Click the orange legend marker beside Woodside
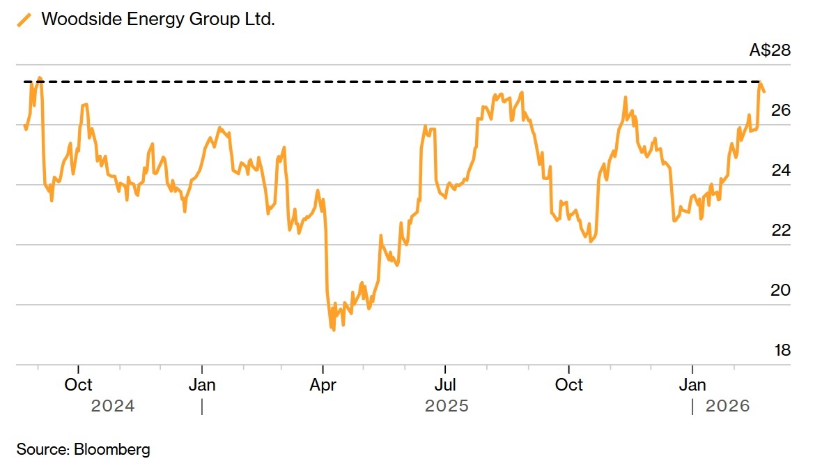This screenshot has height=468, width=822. click(24, 20)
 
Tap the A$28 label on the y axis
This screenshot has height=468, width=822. click(770, 50)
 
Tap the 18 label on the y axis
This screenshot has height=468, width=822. click(782, 350)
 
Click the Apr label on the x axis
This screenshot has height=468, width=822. click(323, 385)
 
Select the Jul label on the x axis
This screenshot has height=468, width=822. click(445, 385)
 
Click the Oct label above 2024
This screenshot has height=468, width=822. click(78, 385)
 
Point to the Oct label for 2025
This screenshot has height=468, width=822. click(568, 385)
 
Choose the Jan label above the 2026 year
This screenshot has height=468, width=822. click(692, 385)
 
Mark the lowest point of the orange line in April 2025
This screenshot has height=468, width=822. click(334, 330)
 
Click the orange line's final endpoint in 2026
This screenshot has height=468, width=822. click(764, 91)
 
